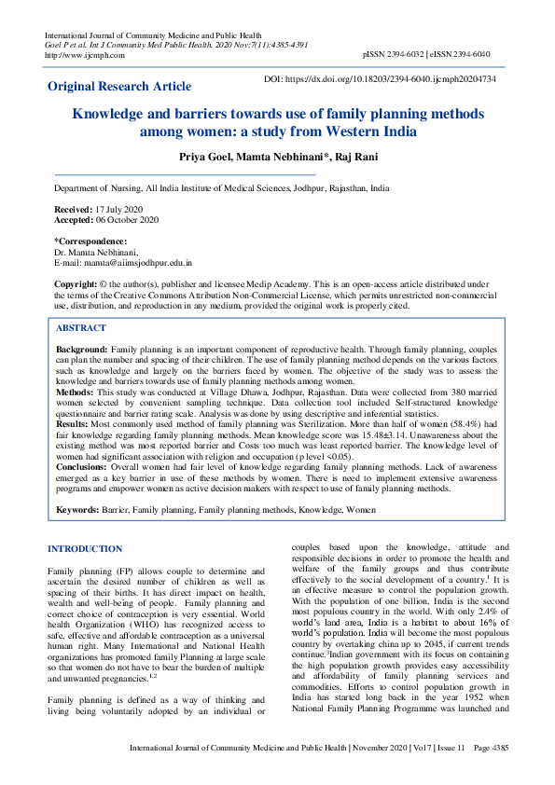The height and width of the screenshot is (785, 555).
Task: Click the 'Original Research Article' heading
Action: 119,86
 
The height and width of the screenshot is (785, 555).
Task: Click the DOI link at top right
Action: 381,80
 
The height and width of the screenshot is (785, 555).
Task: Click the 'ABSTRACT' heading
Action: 81,328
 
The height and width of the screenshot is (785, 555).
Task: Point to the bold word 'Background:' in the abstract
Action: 82,347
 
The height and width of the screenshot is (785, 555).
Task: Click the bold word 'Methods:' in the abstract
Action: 76,394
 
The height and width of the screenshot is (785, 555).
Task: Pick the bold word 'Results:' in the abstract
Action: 74,424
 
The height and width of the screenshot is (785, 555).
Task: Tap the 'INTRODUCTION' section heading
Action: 85,549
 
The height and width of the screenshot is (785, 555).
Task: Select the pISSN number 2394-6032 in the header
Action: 406,55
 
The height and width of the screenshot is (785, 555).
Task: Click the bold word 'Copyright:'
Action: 76,283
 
